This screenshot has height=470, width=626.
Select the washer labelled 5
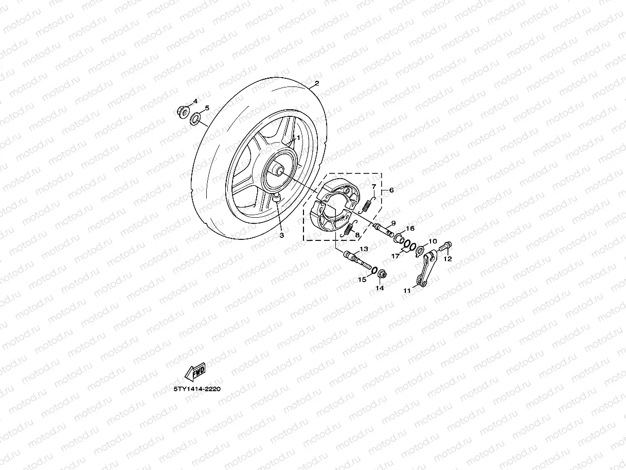click(196, 120)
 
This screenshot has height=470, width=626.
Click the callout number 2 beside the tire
click(317, 83)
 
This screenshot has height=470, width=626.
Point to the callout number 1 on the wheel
click(298, 138)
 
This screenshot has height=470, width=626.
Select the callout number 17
click(395, 255)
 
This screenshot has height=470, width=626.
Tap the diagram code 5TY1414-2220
click(196, 389)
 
